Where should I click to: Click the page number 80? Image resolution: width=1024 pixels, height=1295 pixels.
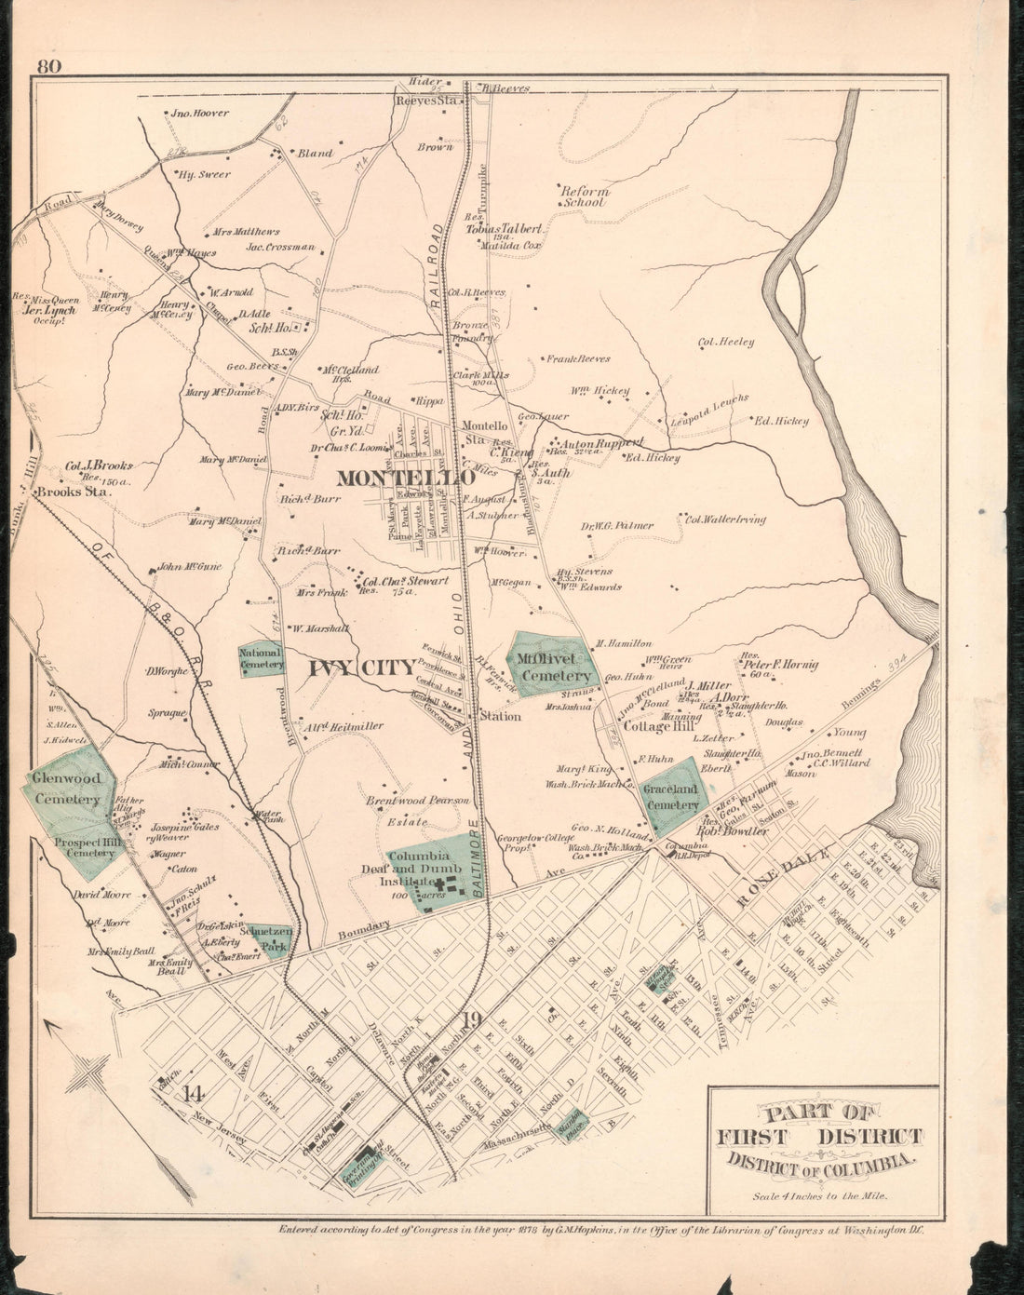(x=49, y=66)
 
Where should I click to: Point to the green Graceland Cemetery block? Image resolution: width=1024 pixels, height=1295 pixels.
(x=671, y=796)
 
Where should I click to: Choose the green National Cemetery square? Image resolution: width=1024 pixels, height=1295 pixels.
(x=261, y=659)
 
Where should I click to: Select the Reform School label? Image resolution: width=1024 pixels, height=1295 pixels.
(x=583, y=196)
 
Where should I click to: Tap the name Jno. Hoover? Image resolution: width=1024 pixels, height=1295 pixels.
(x=199, y=114)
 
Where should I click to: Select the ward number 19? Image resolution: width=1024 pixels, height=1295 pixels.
(x=471, y=1020)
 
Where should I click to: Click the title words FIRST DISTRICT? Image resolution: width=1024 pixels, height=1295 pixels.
(x=819, y=1136)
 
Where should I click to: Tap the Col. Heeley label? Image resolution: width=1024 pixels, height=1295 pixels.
(x=726, y=342)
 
